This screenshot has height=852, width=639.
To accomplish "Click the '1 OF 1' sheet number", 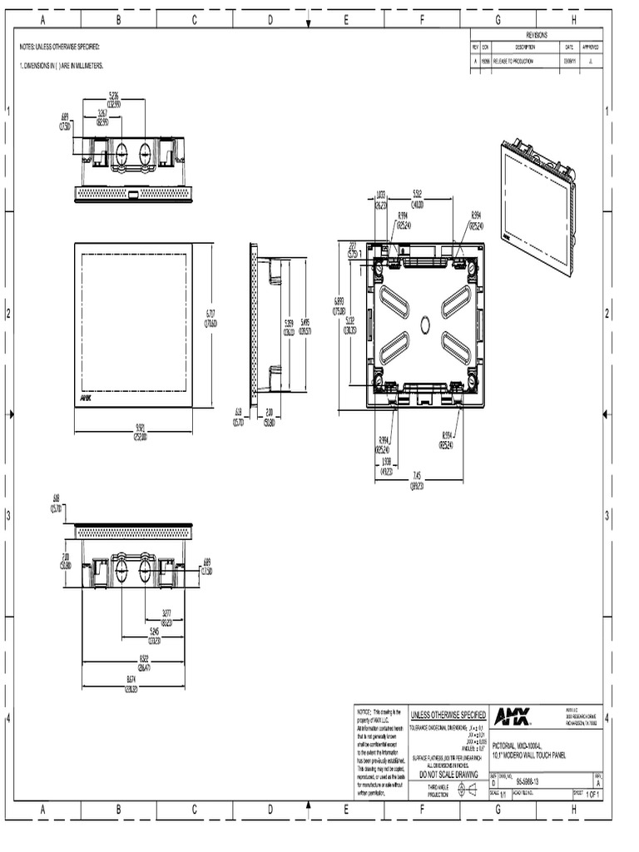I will pyautogui.click(x=592, y=795).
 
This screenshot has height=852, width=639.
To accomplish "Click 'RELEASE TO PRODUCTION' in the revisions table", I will pyautogui.click(x=513, y=61).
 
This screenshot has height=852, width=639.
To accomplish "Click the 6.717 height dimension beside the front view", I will pyautogui.click(x=211, y=318).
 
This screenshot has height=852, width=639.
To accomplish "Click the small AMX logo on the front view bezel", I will pyautogui.click(x=86, y=399).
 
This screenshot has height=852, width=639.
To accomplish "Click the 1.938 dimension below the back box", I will pyautogui.click(x=387, y=467).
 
